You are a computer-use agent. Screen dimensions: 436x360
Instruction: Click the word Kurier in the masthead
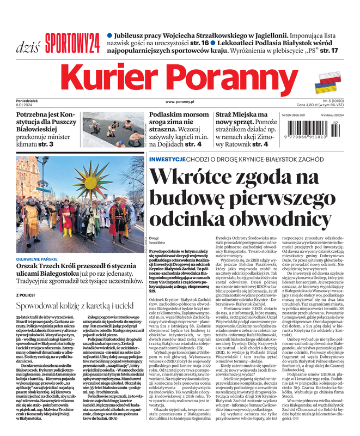pyautogui.click(x=114, y=76)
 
